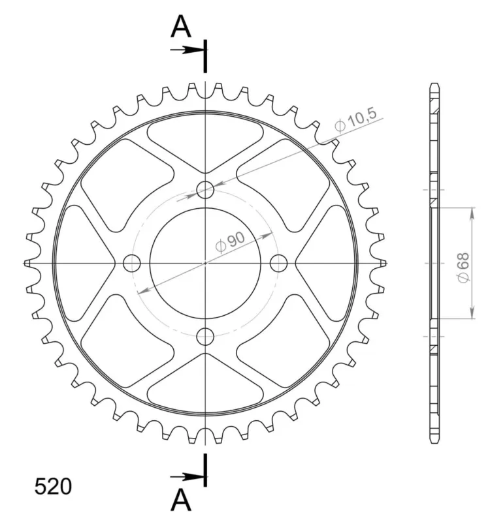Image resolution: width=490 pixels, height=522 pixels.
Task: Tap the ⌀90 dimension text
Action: coord(230,242)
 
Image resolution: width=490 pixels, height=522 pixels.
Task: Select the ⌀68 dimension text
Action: coord(464,268)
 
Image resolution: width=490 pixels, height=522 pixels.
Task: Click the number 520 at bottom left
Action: coord(53,487)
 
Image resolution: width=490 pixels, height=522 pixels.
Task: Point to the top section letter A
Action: coord(181,26)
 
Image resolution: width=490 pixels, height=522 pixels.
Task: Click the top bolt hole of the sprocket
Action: coord(205,190)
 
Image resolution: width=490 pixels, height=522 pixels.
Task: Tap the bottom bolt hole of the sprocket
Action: coord(205,337)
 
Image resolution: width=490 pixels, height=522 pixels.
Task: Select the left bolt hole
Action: coord(132,264)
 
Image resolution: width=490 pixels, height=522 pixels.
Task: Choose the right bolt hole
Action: coord(278,264)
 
